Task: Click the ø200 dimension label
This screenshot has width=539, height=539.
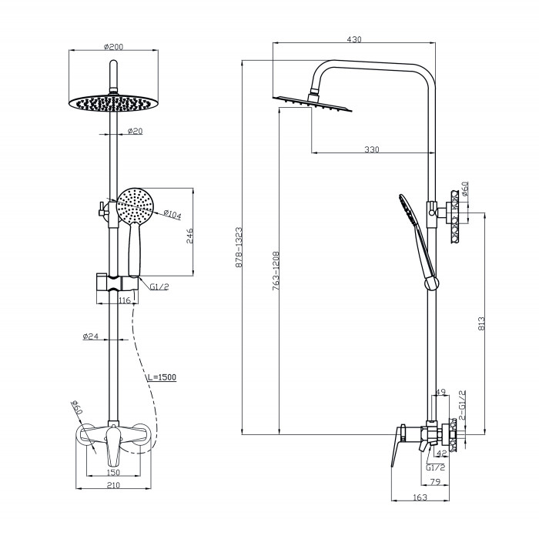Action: (x=113, y=47)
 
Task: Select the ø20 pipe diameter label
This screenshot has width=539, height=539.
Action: (x=134, y=132)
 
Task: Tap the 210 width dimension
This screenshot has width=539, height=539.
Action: (x=113, y=486)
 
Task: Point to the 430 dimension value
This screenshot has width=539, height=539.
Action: (x=353, y=39)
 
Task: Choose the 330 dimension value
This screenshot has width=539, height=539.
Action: (x=372, y=149)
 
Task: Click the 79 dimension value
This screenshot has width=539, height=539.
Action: (x=434, y=484)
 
